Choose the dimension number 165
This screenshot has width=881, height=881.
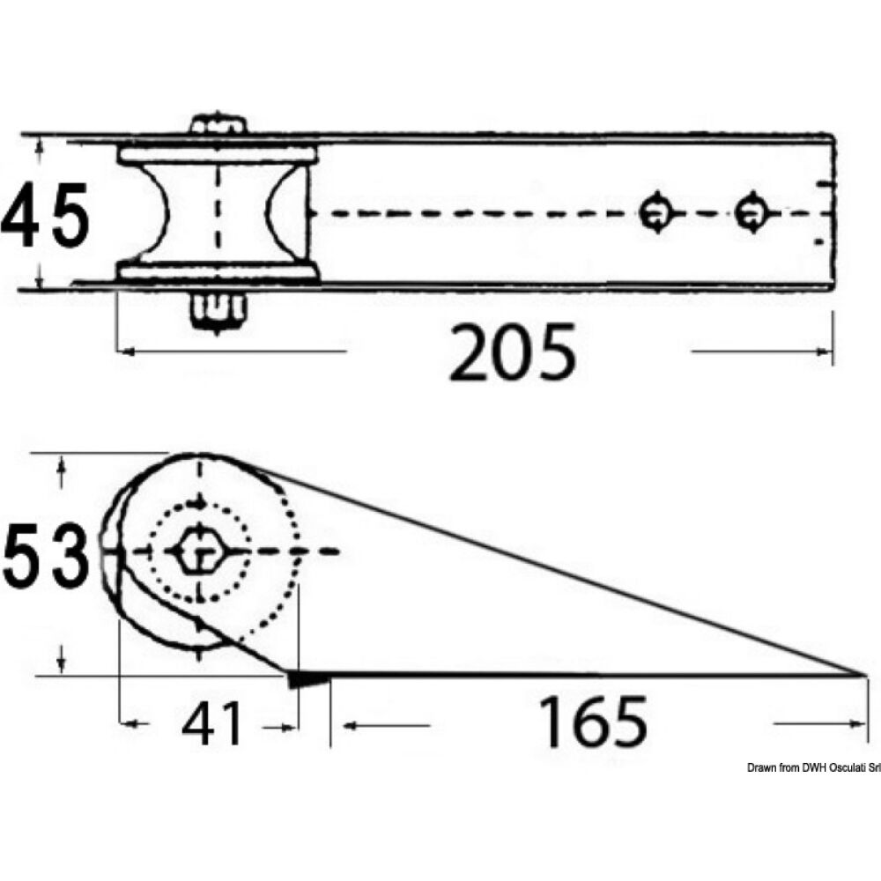(592, 722)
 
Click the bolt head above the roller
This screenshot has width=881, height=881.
(217, 126)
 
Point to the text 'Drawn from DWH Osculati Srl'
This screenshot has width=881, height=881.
(812, 768)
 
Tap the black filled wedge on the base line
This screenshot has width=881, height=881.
(307, 678)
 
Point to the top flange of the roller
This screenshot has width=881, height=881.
(218, 156)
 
